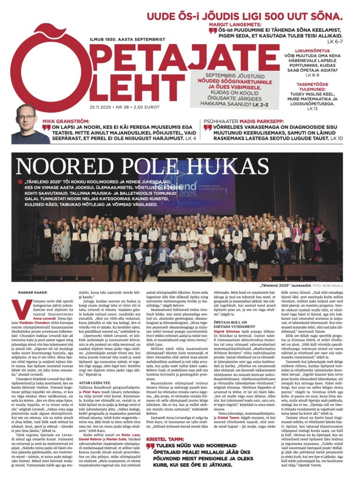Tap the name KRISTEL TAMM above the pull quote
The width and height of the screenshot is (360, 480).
pos(165,439)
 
